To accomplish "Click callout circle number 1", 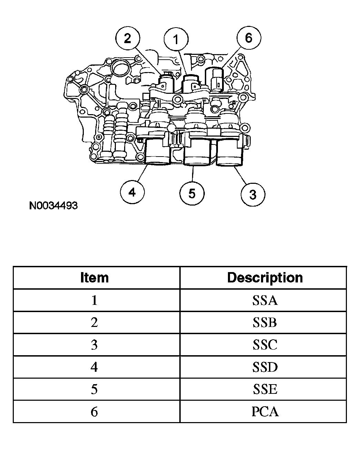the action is point(176,39).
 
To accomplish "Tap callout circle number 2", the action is point(128,38).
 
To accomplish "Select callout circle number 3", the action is point(253,194).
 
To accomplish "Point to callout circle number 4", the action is point(132,192).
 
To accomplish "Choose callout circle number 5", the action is point(192,193).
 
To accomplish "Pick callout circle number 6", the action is point(249,38).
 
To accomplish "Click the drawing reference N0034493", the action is point(53,206).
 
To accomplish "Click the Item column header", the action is point(94,278).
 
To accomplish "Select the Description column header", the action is point(265,278).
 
